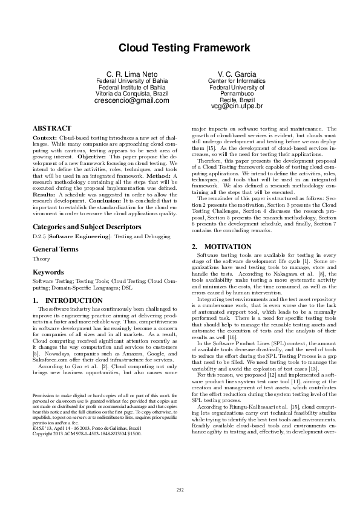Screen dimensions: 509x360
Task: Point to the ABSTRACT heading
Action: pyautogui.click(x=52, y=129)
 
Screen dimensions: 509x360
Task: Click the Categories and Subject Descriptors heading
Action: pyautogui.click(x=87, y=227)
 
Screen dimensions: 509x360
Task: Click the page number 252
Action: pyautogui.click(x=180, y=490)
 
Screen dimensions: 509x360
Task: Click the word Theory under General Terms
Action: pyautogui.click(x=41, y=258)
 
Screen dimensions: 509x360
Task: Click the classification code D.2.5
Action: pyautogui.click(x=40, y=236)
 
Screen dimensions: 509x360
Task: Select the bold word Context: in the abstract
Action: pyautogui.click(x=47, y=138)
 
